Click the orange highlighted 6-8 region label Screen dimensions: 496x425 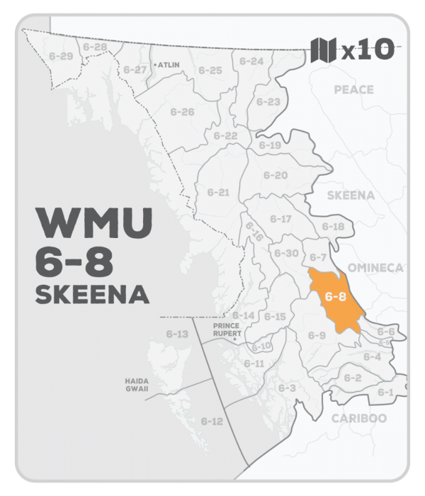pos(333,298)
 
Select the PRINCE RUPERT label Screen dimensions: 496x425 pos(227,329)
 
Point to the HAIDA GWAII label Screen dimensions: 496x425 pos(136,384)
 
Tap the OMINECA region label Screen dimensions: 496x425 pos(376,268)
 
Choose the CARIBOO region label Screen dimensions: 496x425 pos(359,418)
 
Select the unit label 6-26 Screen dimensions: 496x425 pos(182,112)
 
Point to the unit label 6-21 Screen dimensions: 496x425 pos(219,191)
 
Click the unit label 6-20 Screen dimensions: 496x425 pos(276,175)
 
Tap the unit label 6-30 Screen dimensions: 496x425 pos(285,253)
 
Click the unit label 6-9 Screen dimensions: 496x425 pos(316,334)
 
